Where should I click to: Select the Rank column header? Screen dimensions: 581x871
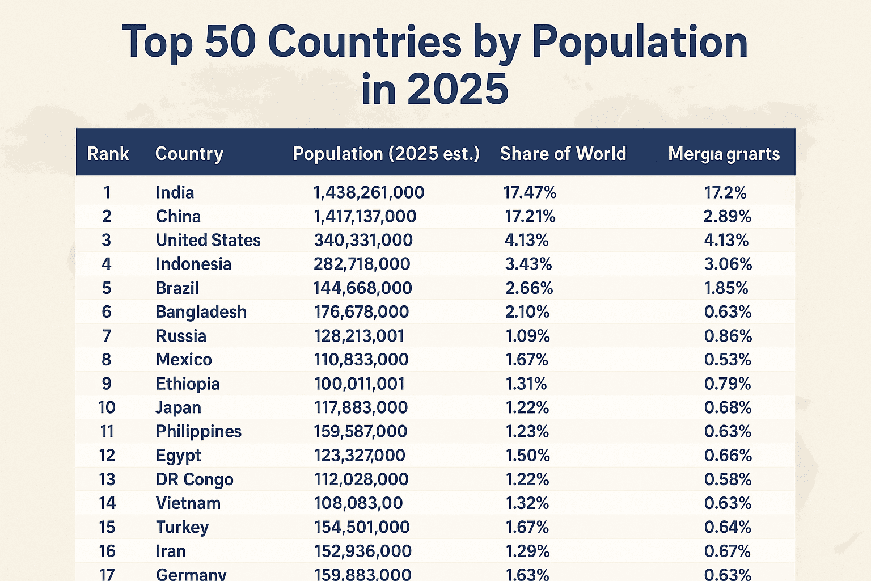coord(108,154)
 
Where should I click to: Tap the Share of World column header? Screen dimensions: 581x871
coord(563,154)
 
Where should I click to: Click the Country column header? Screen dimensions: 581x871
coord(189,154)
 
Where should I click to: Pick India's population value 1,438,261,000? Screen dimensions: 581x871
coord(369,193)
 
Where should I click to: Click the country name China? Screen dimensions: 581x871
coord(178,217)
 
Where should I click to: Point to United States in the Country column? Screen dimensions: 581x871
coord(208,241)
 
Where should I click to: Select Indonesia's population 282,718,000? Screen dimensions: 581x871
coord(362,264)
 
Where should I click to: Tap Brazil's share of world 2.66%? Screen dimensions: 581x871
coord(528,288)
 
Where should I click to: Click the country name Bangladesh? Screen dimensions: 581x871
coord(201,312)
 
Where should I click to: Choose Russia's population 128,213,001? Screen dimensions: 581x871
coord(359,336)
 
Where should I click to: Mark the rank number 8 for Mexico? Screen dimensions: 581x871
coord(107,360)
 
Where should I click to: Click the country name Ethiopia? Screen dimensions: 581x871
coord(188,384)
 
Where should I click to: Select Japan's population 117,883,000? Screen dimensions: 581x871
coord(361,408)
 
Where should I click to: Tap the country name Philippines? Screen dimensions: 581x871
coord(198,432)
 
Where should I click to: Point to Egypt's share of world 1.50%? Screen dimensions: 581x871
coord(527,456)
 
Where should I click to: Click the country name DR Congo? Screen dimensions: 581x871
coord(195,479)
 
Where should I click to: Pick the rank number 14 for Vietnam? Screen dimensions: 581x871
coord(107,503)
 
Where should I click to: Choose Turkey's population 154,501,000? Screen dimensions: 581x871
coord(362,527)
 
